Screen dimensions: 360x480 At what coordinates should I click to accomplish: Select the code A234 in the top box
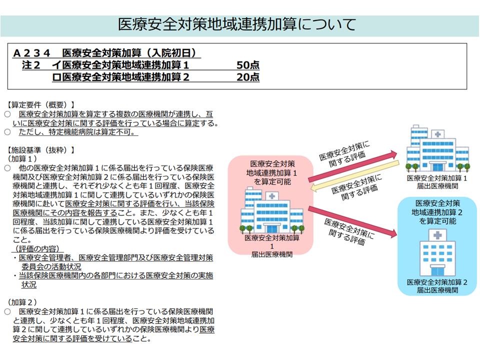tap(32, 53)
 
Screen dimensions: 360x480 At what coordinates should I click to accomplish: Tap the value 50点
tap(248, 65)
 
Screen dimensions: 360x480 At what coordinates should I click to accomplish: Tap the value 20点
tap(248, 77)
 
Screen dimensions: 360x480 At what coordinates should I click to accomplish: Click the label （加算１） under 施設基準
tap(21, 158)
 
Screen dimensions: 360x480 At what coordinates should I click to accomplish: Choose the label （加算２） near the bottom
tap(21, 302)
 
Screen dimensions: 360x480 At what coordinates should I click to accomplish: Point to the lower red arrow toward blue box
tap(352, 220)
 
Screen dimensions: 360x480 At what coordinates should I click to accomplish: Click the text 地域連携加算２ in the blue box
tap(437, 212)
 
